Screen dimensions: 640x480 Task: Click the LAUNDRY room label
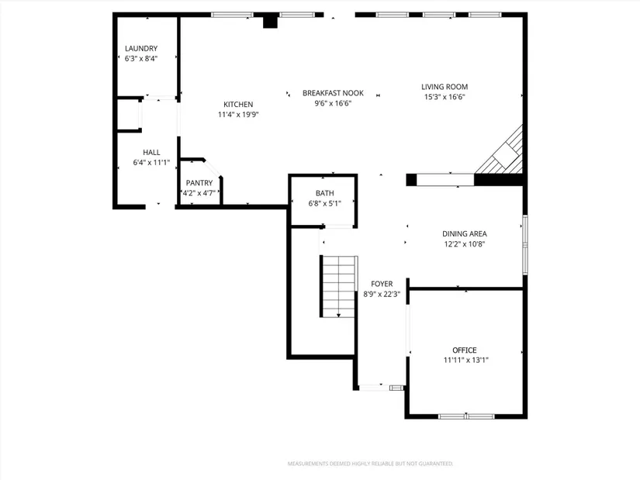[141, 48]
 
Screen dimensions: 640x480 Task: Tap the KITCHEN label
[238, 105]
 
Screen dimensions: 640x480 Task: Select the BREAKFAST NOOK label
[333, 93]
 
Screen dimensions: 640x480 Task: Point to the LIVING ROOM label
[445, 87]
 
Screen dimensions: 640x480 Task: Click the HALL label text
[151, 152]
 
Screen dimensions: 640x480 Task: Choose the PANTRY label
[199, 183]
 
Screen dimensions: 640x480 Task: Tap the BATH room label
[325, 193]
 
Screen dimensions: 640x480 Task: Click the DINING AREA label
[465, 234]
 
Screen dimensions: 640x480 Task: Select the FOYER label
[382, 284]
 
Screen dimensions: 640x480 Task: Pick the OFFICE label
[465, 351]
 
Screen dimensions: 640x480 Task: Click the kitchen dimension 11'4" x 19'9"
[238, 115]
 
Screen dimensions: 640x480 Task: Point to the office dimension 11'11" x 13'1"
[466, 360]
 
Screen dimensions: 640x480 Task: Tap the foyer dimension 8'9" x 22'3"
[382, 294]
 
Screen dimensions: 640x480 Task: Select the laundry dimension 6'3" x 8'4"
[141, 58]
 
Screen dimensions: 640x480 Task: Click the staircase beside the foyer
[339, 287]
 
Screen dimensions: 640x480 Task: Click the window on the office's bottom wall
[466, 416]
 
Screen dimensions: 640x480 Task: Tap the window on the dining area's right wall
[525, 245]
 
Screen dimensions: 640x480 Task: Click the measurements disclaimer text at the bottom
[370, 464]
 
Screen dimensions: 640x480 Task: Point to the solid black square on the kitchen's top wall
[270, 20]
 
